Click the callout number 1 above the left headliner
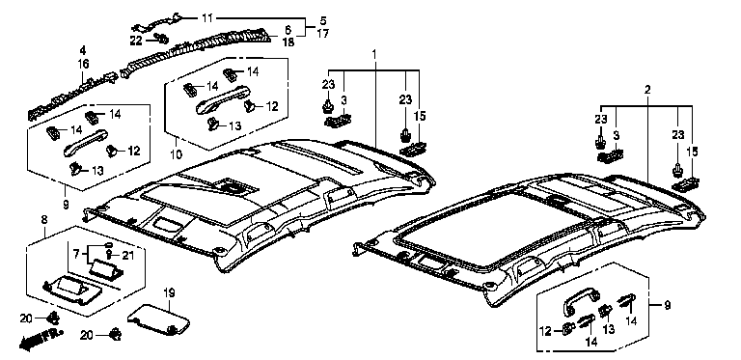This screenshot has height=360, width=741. [x=373, y=55]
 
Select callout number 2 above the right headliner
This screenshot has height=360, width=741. [x=647, y=90]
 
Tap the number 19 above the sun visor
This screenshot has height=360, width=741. [x=169, y=292]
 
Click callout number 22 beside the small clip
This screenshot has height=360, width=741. [x=137, y=42]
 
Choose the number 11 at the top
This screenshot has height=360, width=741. [x=207, y=18]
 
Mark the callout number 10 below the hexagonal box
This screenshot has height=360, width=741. [x=175, y=141]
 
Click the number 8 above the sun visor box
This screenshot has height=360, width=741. [x=44, y=219]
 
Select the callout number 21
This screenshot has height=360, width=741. [x=128, y=256]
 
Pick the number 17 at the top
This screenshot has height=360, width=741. [x=323, y=34]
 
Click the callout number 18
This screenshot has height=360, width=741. [x=288, y=42]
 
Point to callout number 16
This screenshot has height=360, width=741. [x=83, y=65]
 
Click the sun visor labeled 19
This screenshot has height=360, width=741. [x=159, y=317]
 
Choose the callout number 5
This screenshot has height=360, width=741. [x=323, y=21]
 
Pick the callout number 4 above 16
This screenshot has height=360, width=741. [x=83, y=49]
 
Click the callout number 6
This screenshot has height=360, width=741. [x=288, y=29]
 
